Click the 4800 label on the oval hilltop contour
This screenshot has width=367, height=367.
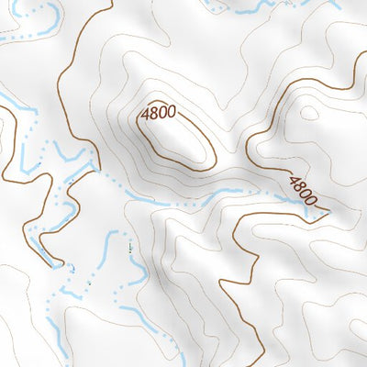click(x=158, y=115)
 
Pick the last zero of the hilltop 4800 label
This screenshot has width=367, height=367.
click(x=171, y=114)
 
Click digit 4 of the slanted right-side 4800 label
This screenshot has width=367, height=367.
click(x=294, y=181)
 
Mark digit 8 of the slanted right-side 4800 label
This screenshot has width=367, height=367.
click(x=299, y=186)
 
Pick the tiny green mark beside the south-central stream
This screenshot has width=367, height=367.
click(x=129, y=247)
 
